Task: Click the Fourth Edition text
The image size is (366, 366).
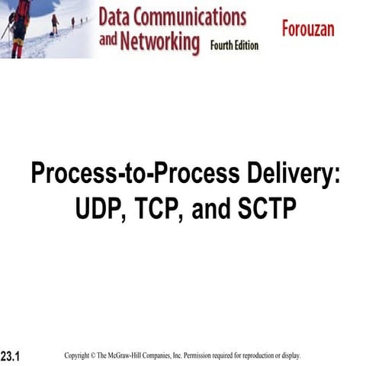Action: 235,46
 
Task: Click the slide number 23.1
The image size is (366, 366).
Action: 10,356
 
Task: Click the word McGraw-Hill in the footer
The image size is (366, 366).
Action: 131,355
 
